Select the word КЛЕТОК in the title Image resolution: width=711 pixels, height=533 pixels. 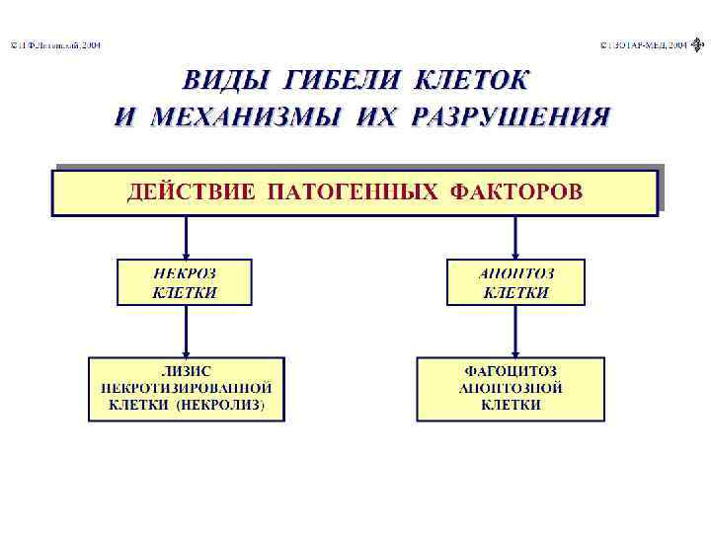click(x=471, y=80)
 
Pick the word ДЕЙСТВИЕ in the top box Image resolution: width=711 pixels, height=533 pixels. click(x=188, y=191)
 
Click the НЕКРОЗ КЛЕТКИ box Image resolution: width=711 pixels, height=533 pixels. click(x=185, y=281)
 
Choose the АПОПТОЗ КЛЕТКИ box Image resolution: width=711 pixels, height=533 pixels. click(x=515, y=281)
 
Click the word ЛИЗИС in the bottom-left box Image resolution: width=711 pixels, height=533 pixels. click(x=186, y=371)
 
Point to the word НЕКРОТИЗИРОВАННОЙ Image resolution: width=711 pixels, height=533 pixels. click(x=186, y=388)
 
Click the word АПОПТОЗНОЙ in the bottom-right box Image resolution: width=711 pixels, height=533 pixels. click(x=512, y=388)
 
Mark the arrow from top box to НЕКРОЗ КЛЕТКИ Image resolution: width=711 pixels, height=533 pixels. click(x=186, y=238)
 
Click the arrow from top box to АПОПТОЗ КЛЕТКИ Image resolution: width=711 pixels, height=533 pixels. click(x=515, y=238)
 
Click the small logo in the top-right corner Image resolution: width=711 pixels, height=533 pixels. click(x=699, y=44)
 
